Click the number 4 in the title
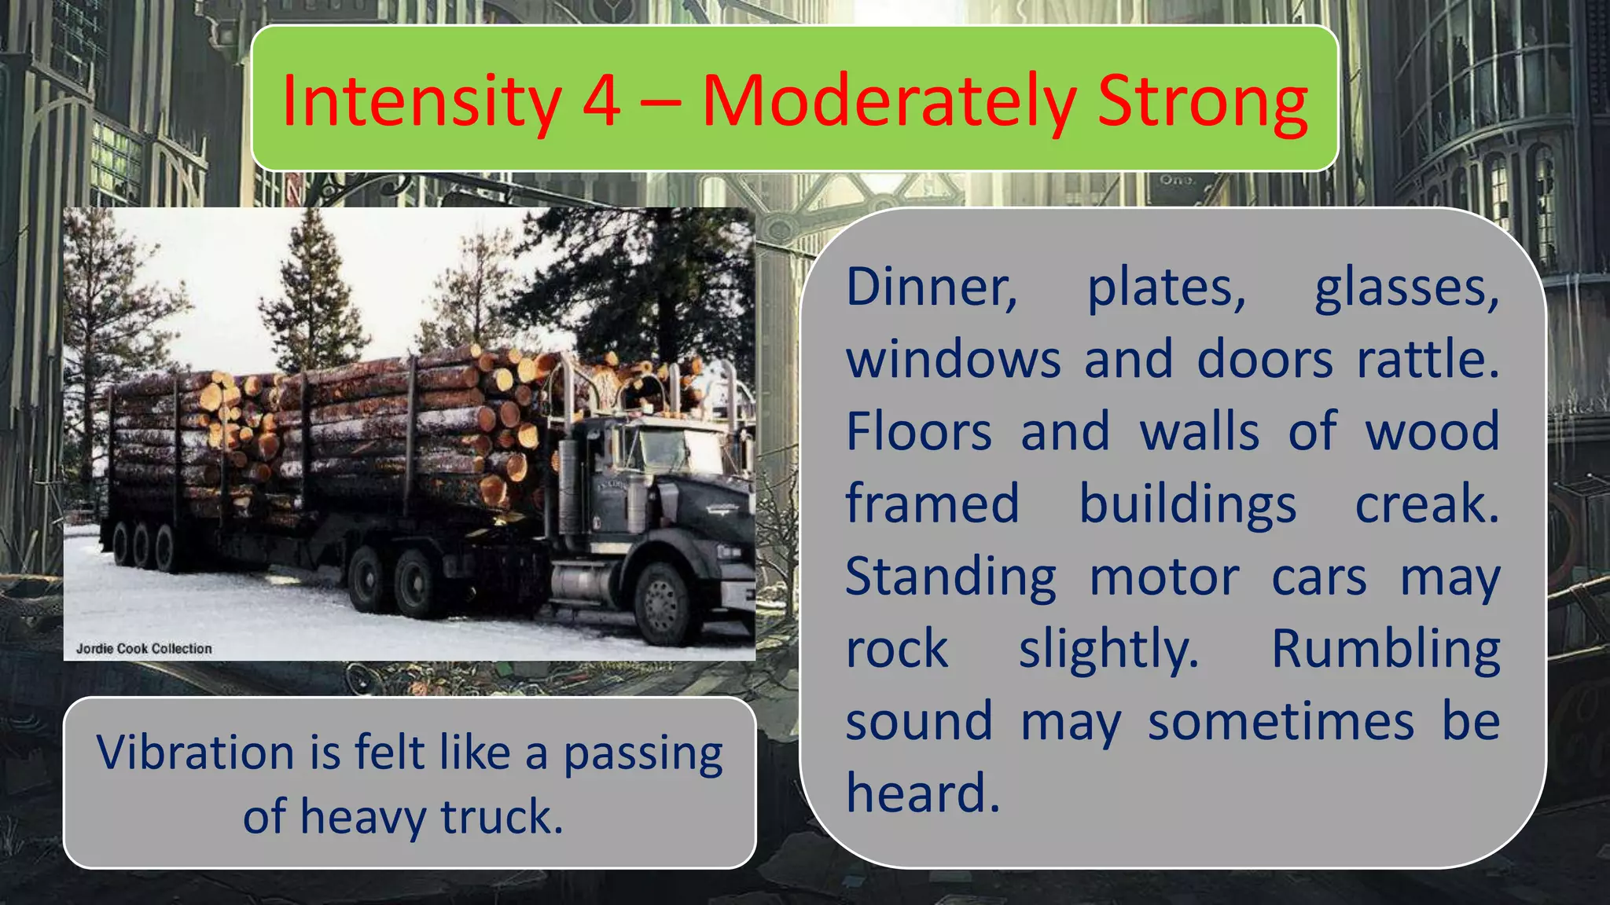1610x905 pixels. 601,101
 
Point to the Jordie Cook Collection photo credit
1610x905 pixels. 144,648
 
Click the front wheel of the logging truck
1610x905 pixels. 663,601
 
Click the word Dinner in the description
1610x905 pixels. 932,287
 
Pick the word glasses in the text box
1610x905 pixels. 1407,288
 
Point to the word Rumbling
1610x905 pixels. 1385,650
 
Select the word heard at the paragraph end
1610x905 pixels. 922,793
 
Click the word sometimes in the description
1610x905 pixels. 1281,722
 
